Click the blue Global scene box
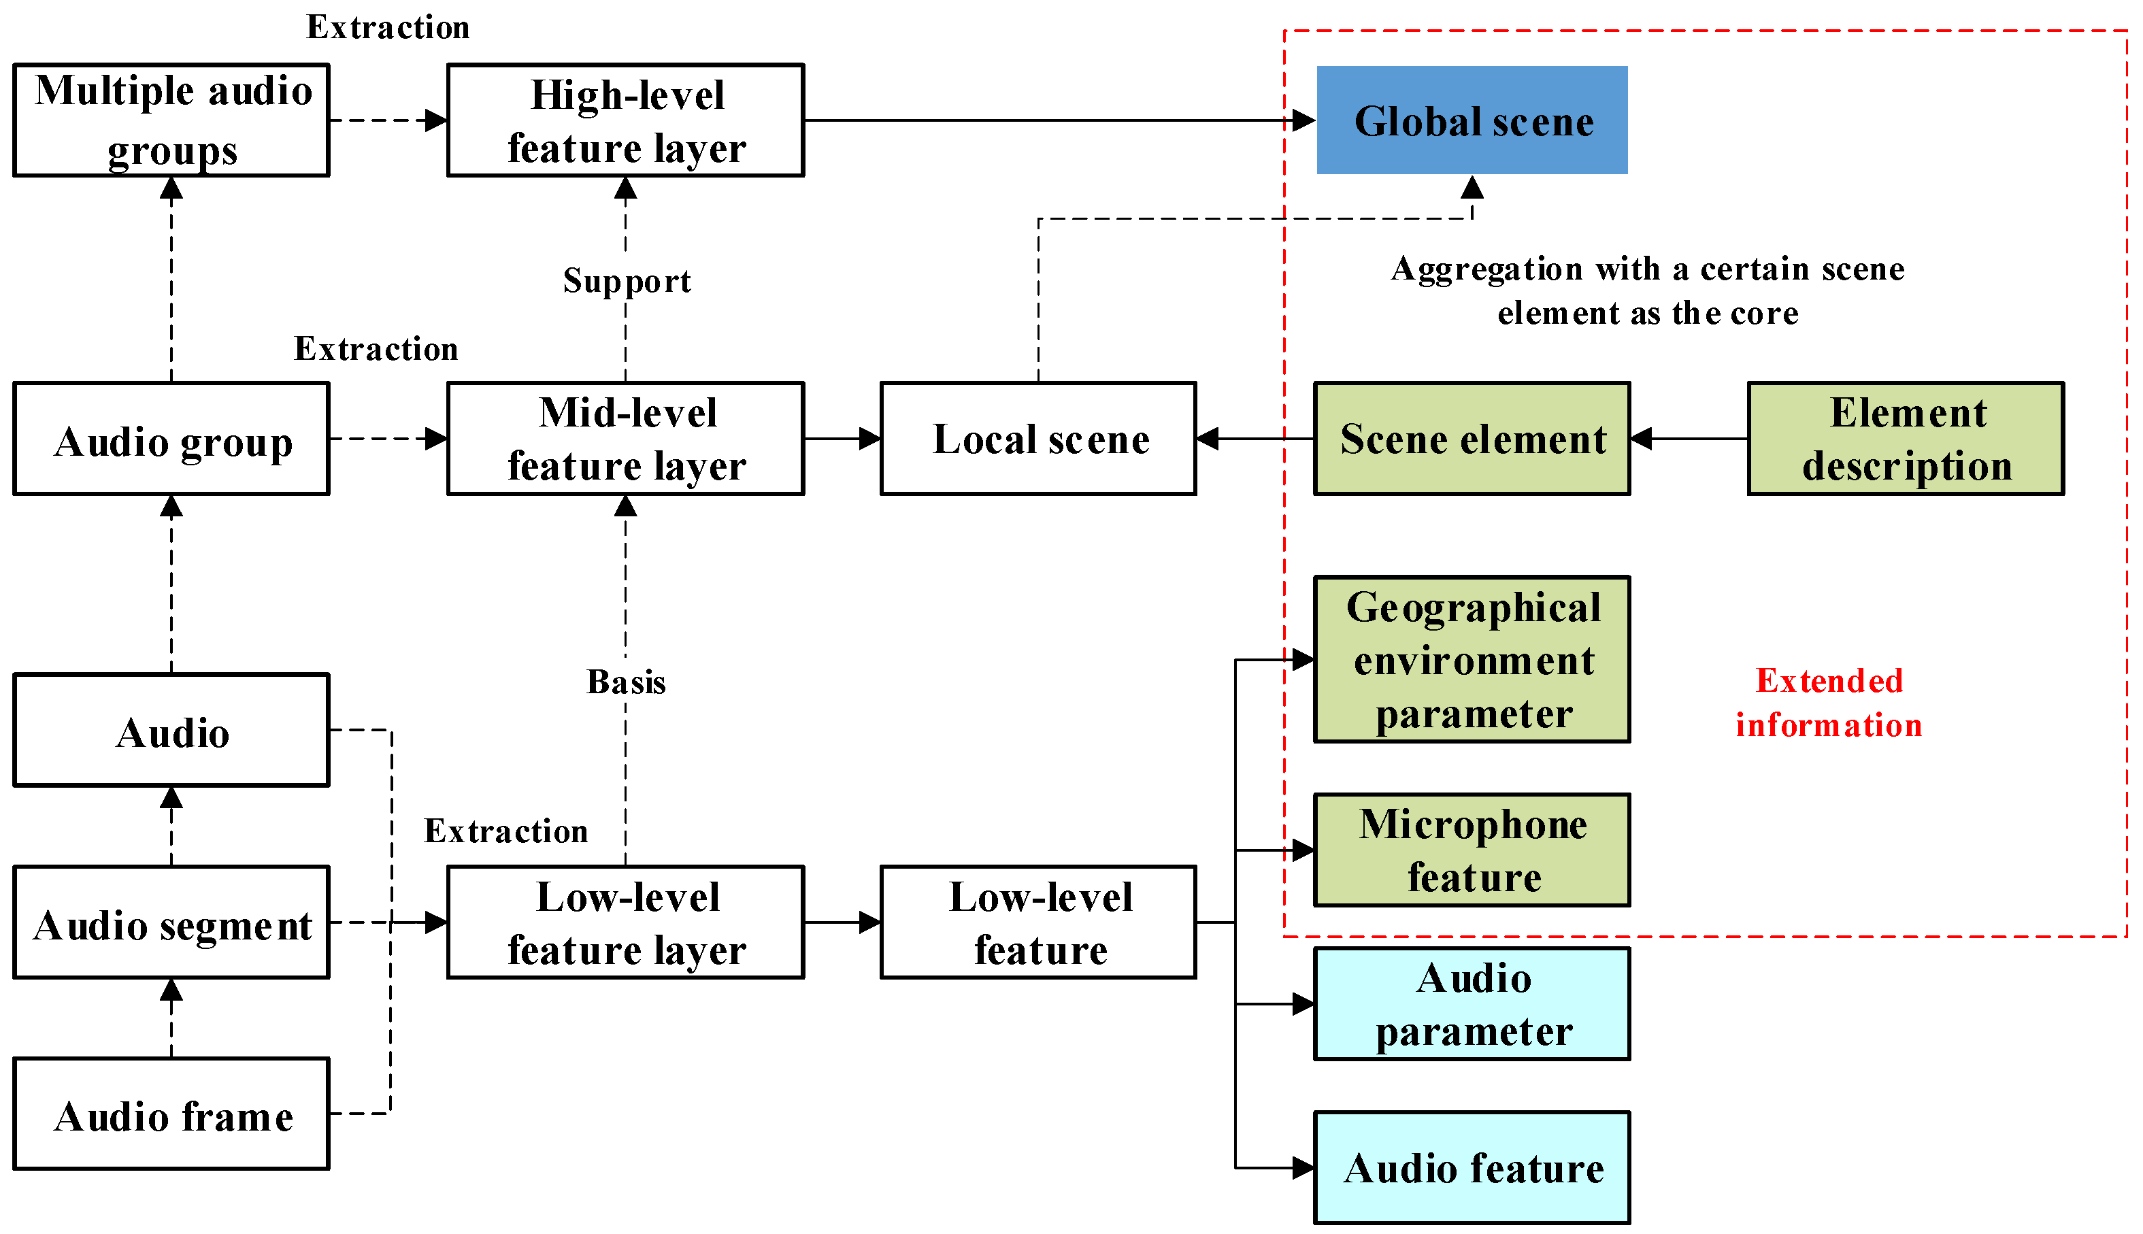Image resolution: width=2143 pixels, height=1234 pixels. coord(1472,120)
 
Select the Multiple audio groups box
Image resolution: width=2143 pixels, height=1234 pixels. coord(171,120)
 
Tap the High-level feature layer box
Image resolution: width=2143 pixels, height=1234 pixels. coord(625,120)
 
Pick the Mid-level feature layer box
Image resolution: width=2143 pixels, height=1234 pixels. coord(625,438)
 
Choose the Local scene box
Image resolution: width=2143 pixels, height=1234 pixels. coord(1038,438)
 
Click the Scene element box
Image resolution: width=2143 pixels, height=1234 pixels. coord(1472,438)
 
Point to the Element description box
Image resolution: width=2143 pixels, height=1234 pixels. coord(1906,438)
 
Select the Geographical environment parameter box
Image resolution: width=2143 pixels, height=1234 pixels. coord(1472,659)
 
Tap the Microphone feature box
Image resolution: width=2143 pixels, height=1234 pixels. coord(1472,850)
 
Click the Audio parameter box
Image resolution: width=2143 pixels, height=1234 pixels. coord(1472,1003)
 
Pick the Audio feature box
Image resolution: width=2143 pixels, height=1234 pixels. coord(1472,1168)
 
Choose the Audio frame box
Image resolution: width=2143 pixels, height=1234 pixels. coord(171,1114)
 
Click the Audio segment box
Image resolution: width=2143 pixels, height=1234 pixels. coord(171,922)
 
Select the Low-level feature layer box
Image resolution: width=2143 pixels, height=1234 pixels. coord(625,922)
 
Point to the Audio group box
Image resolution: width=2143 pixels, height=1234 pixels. coord(171,438)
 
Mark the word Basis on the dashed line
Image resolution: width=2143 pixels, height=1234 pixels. coord(626,682)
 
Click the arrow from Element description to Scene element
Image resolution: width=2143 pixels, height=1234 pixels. coord(1689,438)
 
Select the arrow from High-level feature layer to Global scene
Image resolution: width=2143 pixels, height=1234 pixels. coord(1060,120)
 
